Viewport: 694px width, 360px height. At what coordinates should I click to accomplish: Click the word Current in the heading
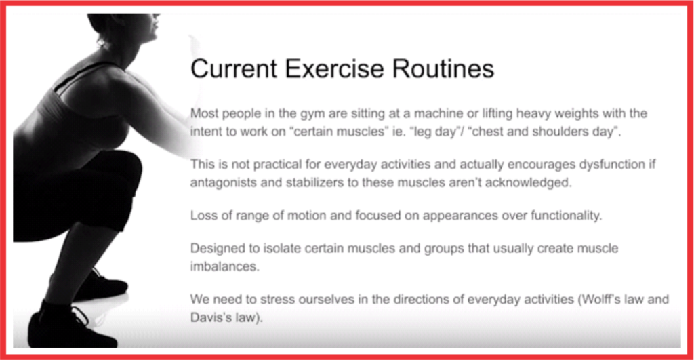tap(234, 68)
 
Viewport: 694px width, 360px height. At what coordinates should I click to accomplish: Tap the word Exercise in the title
tap(334, 68)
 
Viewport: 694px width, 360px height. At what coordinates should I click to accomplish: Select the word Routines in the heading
tap(443, 68)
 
